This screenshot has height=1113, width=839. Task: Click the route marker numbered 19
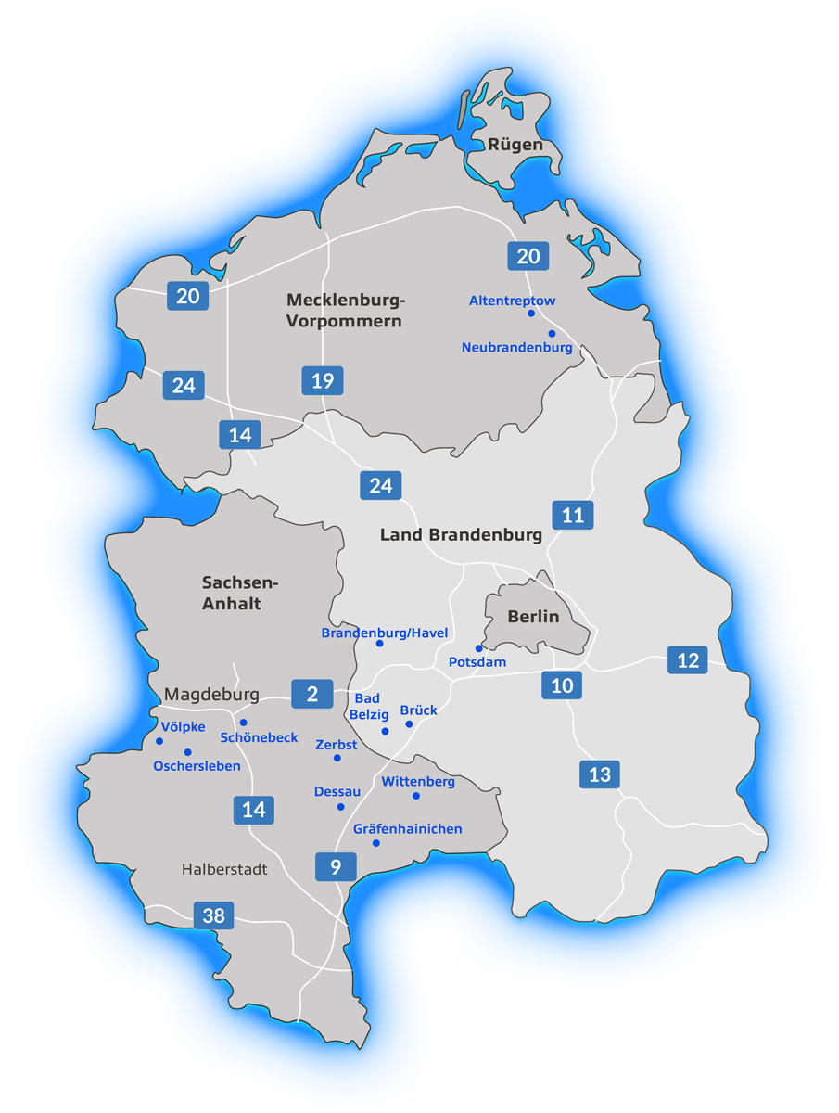pos(323,380)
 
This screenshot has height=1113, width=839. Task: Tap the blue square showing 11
pos(573,515)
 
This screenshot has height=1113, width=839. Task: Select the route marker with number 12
pos(687,660)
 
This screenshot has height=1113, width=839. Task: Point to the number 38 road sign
pos(213,915)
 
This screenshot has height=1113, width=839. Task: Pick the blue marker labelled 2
pos(312,693)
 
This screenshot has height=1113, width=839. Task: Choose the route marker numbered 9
pos(336,866)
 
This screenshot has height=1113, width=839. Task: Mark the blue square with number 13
pos(600,774)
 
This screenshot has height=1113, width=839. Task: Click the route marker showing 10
pos(563,685)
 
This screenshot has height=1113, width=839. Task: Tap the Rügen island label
pos(515,145)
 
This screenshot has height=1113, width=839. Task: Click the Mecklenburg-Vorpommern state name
pos(346,311)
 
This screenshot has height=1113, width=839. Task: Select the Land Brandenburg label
pos(461,535)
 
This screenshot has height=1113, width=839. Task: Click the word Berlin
pos(533,617)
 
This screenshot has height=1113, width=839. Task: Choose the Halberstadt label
pos(224,869)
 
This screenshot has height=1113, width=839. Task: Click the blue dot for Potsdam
pos(479,648)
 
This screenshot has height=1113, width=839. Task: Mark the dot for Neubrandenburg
pos(552,333)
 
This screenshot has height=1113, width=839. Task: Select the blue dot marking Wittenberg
pos(416,796)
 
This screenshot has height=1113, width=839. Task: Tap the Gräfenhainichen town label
pos(407,828)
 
